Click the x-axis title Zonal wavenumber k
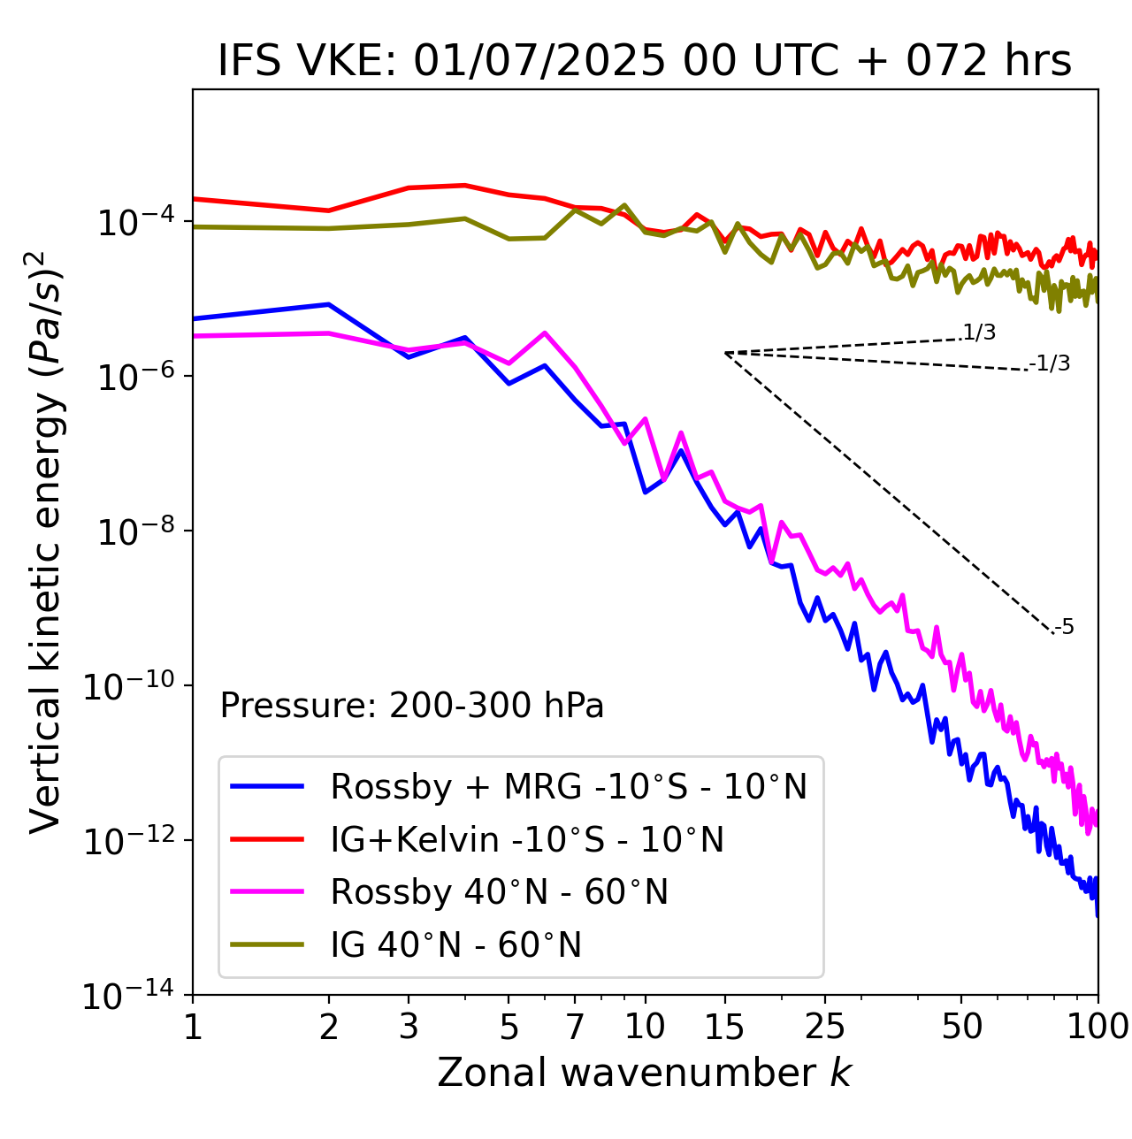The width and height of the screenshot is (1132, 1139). coord(645,1073)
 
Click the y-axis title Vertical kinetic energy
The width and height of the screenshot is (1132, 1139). coord(46,541)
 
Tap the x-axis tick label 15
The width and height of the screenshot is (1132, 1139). coord(724,1027)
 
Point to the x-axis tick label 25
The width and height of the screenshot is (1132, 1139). coord(824,1027)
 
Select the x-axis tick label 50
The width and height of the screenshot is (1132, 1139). coord(961,1027)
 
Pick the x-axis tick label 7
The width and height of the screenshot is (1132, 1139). coord(575,1027)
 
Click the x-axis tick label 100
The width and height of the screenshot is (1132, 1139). coord(1098,1027)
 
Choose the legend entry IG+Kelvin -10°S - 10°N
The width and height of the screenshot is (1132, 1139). coord(527,839)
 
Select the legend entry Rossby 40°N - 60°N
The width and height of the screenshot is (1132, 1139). coord(499,892)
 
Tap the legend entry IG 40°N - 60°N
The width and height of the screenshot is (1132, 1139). coord(455,945)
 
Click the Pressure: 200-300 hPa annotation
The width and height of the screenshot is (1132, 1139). coord(411,706)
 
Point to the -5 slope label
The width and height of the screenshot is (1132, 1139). coord(1064,628)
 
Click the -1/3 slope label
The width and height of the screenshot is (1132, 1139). coord(1051,363)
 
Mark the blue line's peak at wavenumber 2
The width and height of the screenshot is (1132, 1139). coord(329,304)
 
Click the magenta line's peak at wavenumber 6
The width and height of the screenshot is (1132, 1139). coord(545,333)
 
